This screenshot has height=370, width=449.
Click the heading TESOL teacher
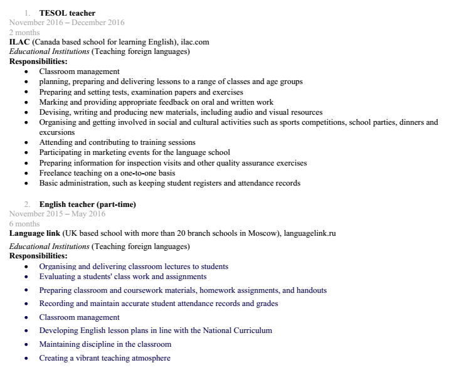(x=67, y=13)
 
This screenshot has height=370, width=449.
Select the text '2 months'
(x=24, y=32)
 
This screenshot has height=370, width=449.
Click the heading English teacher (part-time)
(x=87, y=204)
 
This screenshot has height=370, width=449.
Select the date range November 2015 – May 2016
(x=57, y=214)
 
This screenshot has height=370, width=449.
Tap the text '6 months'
(x=24, y=223)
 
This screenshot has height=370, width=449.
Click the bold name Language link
(x=34, y=233)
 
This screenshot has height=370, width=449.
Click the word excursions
(x=57, y=132)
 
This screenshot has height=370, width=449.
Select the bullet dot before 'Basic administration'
(x=26, y=184)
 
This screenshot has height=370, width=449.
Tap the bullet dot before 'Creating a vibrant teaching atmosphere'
(x=26, y=359)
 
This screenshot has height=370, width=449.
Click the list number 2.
(x=28, y=204)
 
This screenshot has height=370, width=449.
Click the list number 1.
(x=28, y=13)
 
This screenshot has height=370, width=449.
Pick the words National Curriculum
(x=241, y=330)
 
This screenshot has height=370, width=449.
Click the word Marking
(x=54, y=102)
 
